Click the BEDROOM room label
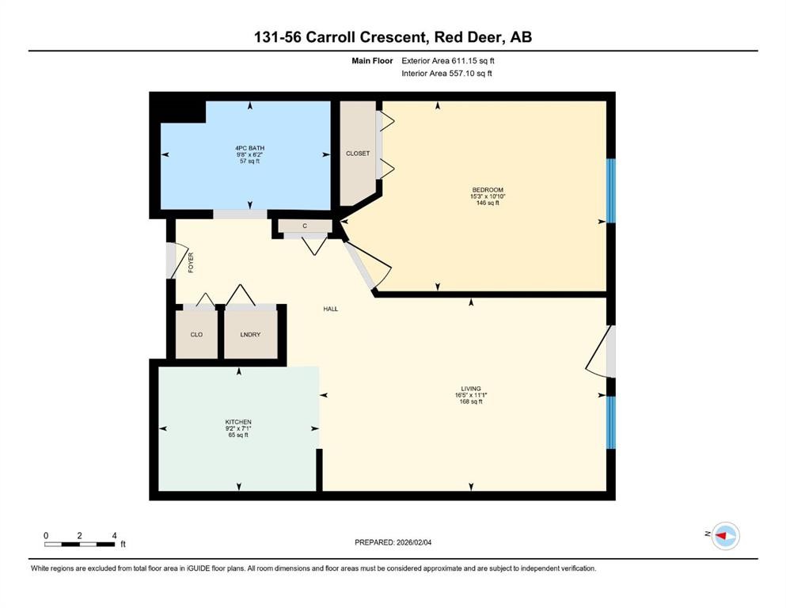(488, 190)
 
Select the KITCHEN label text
(237, 422)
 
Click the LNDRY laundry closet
(250, 334)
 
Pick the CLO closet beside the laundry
(196, 334)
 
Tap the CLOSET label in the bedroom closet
(358, 153)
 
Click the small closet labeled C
(304, 226)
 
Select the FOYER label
(191, 262)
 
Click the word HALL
(331, 309)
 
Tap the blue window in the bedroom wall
(610, 191)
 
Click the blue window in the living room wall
(610, 422)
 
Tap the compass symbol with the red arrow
(725, 536)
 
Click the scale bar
(79, 544)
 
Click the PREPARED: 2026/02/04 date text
(393, 542)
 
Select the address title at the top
(393, 37)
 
